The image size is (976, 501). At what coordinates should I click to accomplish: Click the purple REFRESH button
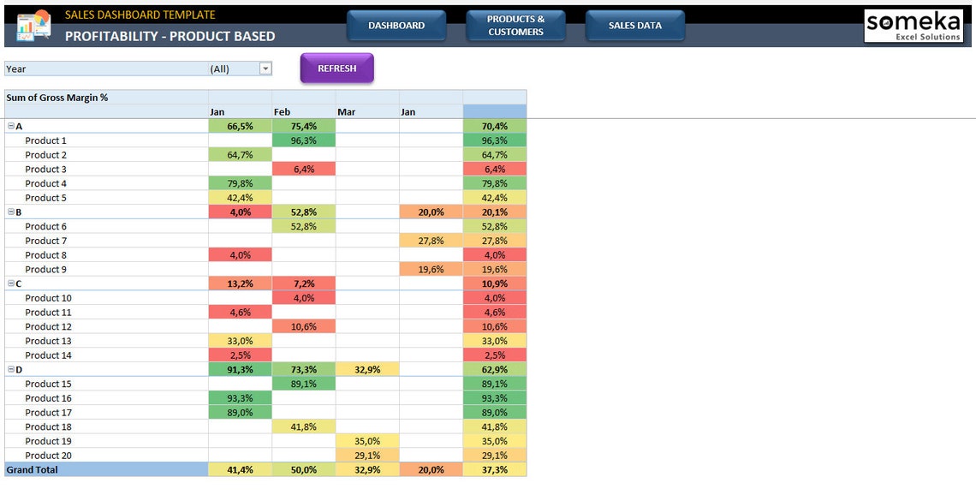(x=336, y=69)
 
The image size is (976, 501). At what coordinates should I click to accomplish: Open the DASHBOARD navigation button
(x=396, y=26)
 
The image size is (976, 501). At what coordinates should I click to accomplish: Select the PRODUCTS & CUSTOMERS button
(x=515, y=26)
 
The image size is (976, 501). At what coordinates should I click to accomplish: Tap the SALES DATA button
(x=634, y=26)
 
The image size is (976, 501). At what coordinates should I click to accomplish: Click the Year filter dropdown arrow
(x=265, y=69)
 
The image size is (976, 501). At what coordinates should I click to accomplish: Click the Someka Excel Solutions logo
(x=914, y=26)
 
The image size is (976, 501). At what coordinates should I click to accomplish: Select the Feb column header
(x=283, y=112)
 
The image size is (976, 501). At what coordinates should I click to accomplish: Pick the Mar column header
(x=347, y=112)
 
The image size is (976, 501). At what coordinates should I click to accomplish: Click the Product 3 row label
(x=46, y=170)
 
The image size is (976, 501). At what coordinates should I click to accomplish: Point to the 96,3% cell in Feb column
(x=304, y=140)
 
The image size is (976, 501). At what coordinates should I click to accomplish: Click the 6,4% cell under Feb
(x=304, y=170)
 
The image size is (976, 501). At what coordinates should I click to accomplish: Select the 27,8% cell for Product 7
(x=431, y=241)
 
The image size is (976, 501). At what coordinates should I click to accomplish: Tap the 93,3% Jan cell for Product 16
(x=240, y=398)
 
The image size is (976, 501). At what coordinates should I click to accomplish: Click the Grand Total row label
(x=33, y=470)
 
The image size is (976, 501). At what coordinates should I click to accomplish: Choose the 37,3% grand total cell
(x=495, y=470)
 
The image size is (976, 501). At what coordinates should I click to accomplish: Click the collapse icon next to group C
(x=10, y=283)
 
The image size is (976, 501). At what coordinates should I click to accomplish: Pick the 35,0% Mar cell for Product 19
(x=367, y=441)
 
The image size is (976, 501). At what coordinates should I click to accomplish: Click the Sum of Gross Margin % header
(x=57, y=98)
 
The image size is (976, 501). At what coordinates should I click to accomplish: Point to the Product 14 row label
(x=49, y=355)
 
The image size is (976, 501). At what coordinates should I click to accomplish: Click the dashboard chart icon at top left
(x=33, y=26)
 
